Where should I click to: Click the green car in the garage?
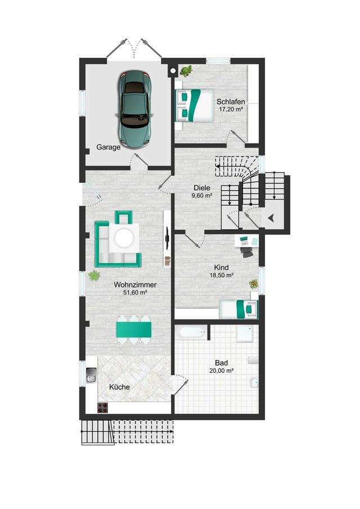tap(134, 110)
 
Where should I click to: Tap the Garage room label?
tap(109, 147)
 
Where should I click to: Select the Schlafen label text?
tap(231, 102)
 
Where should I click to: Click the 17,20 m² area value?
tap(231, 109)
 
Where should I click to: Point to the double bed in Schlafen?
tap(195, 105)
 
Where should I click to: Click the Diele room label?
tap(202, 188)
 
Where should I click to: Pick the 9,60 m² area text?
tap(202, 195)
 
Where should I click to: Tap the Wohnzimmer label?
tap(135, 285)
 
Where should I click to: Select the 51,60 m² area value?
tap(135, 292)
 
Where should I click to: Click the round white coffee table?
tap(124, 238)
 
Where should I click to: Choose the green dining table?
tap(134, 329)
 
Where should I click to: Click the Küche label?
tap(119, 387)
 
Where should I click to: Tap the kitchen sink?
tap(91, 375)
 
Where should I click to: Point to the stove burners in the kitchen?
tap(102, 408)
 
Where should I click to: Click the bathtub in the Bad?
tap(191, 332)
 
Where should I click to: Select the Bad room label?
tap(222, 363)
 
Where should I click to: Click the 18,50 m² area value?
tap(222, 275)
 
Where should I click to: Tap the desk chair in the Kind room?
tap(247, 252)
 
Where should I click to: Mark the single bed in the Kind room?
tap(238, 309)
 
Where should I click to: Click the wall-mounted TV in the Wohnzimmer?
tap(168, 238)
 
